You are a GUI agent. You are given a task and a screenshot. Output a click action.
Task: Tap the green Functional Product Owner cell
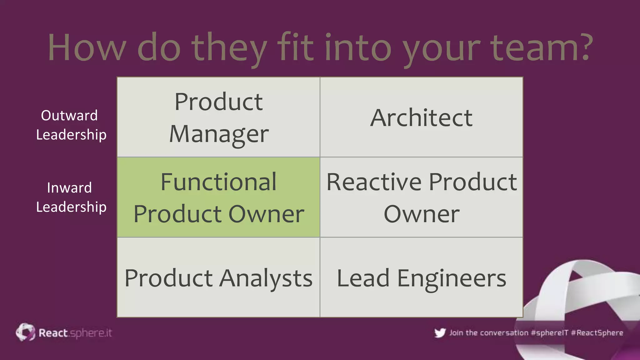(218, 197)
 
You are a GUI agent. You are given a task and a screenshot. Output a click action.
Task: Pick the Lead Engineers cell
(421, 277)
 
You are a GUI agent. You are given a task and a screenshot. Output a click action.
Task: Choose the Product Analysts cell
(218, 277)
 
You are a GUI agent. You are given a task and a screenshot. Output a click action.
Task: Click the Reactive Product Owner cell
(421, 197)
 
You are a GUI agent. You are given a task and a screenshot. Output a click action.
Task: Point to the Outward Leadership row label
(71, 125)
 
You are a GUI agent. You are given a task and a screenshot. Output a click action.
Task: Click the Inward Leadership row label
(71, 197)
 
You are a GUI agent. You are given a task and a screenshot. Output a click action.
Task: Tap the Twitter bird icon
(440, 333)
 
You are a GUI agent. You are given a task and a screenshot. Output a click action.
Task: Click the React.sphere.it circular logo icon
(26, 332)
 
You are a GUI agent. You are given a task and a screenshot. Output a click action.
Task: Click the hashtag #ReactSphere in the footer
(597, 333)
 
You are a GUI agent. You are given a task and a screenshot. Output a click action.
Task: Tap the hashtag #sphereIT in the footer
(549, 333)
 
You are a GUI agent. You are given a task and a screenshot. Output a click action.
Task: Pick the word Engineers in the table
(452, 278)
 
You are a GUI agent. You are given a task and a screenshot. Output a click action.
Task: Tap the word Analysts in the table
(266, 278)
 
